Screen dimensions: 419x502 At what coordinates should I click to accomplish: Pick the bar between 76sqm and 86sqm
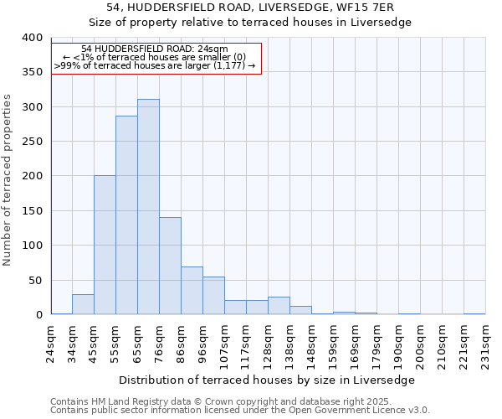170,266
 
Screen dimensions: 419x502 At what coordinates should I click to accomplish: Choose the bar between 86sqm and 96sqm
192,291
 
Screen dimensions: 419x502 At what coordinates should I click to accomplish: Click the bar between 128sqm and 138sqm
279,306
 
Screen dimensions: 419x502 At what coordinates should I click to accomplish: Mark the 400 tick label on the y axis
31,38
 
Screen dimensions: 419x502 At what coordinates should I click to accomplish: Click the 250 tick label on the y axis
31,142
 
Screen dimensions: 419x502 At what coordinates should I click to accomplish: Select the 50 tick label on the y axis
34,280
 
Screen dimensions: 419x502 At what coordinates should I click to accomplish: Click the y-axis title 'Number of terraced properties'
8,180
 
